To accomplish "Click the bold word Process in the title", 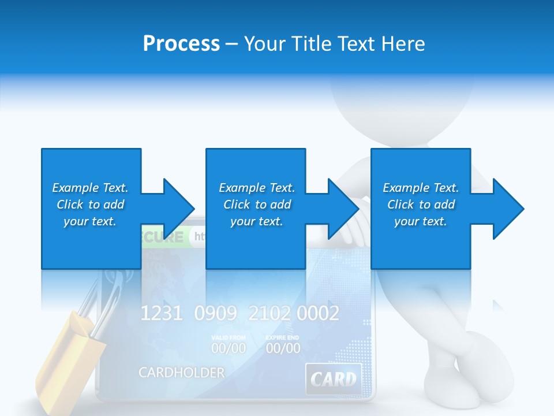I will [181, 43].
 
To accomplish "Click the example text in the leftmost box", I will [90, 205].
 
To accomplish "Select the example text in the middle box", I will [256, 205].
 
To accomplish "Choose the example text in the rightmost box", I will [421, 205].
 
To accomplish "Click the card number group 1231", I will [162, 314].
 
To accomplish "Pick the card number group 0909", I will [215, 314].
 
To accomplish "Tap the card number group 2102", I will [269, 314].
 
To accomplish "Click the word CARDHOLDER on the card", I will [181, 373].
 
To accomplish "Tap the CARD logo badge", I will [333, 379].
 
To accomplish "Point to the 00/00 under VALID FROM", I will [228, 348].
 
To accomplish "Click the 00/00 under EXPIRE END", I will [283, 348].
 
